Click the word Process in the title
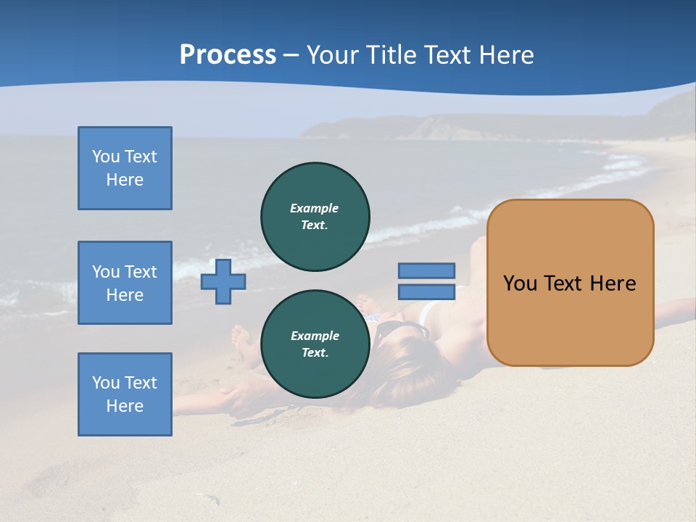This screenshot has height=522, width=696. [x=228, y=55]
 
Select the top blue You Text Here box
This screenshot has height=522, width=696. [x=125, y=168]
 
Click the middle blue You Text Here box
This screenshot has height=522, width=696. [x=125, y=283]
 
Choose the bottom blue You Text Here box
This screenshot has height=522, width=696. [x=125, y=394]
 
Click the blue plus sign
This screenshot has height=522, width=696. [x=223, y=281]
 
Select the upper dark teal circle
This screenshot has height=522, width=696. [x=315, y=216]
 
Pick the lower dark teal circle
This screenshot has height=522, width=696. [x=315, y=344]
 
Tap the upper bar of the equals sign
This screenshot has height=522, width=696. [x=426, y=270]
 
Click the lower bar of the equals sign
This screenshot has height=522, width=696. [x=426, y=291]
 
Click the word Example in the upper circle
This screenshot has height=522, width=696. [x=315, y=208]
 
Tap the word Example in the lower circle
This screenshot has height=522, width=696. [x=315, y=336]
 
